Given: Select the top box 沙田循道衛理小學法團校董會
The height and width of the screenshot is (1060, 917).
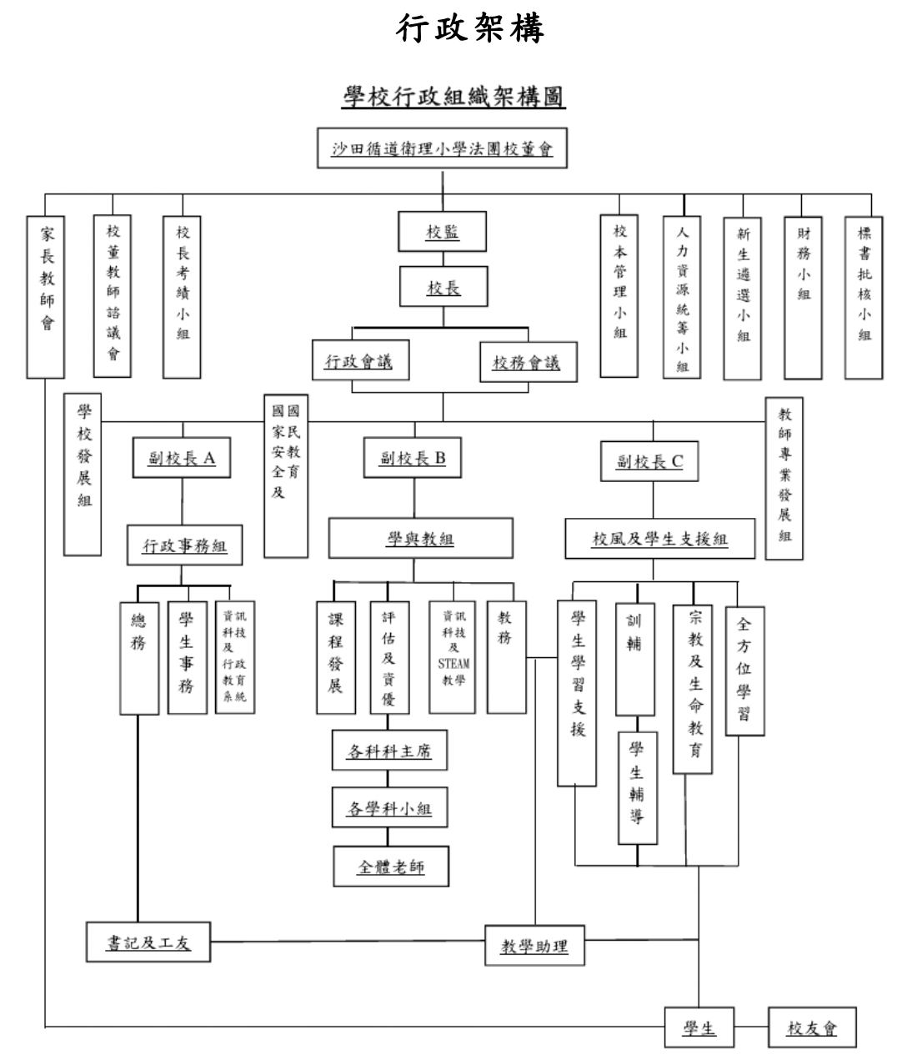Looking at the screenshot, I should [x=443, y=150].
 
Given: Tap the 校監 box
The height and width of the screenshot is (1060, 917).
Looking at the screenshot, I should [x=443, y=232].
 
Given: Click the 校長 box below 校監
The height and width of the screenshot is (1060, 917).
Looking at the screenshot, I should [x=443, y=288].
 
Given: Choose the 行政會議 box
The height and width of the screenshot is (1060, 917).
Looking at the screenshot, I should [x=358, y=362].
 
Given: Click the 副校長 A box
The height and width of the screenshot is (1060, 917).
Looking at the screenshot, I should [x=182, y=459].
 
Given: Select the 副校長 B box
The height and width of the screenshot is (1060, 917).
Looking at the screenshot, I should [x=413, y=458].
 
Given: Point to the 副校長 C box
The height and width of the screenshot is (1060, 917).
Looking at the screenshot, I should [x=649, y=461].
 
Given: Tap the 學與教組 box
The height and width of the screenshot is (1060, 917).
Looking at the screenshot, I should [x=420, y=539].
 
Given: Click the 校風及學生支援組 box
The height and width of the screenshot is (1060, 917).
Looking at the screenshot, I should [x=659, y=539].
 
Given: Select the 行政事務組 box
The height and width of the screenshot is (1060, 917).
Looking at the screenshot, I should [x=184, y=546].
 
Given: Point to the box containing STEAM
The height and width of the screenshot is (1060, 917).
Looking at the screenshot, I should [x=453, y=658].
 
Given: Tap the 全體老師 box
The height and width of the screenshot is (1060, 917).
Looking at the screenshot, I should [x=391, y=867].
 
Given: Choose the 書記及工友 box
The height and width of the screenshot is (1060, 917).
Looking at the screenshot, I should [x=148, y=942].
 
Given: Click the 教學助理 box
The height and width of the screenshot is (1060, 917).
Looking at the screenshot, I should [x=534, y=946].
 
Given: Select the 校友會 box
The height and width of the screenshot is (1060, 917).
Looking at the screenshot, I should [x=811, y=1027].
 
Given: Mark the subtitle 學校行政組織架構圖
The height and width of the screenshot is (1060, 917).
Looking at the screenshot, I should [x=454, y=98].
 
